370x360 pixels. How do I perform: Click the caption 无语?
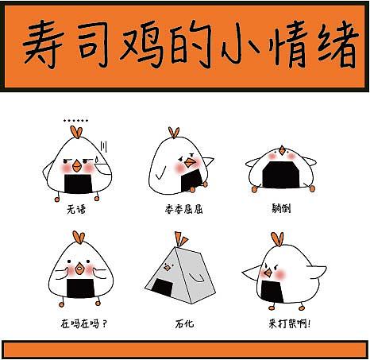click(x=78, y=212)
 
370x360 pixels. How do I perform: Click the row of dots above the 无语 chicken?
click(x=76, y=121)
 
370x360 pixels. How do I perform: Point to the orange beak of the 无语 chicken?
click(x=77, y=167)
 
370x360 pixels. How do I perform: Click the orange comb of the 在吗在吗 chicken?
click(x=78, y=237)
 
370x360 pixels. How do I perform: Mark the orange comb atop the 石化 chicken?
click(x=183, y=238)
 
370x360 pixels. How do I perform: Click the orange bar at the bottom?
click(x=184, y=349)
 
